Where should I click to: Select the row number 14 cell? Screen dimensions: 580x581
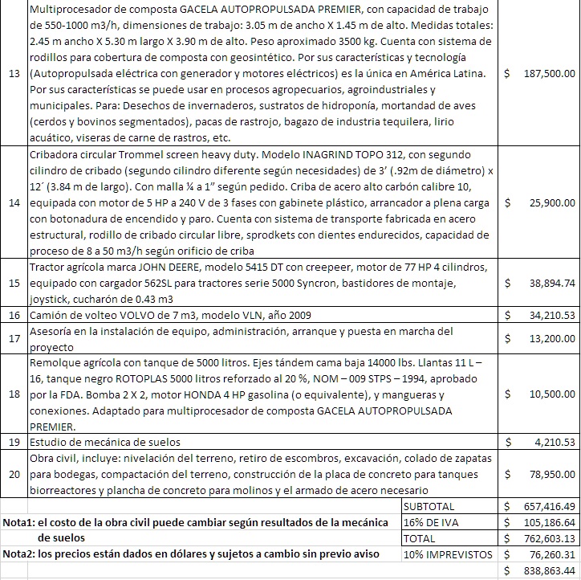(14, 202)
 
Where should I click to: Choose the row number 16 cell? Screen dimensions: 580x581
(14, 315)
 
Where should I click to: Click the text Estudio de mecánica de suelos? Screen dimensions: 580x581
(104, 442)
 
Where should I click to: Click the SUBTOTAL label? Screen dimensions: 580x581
(430, 507)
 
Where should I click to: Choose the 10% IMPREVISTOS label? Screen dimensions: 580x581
(448, 554)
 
